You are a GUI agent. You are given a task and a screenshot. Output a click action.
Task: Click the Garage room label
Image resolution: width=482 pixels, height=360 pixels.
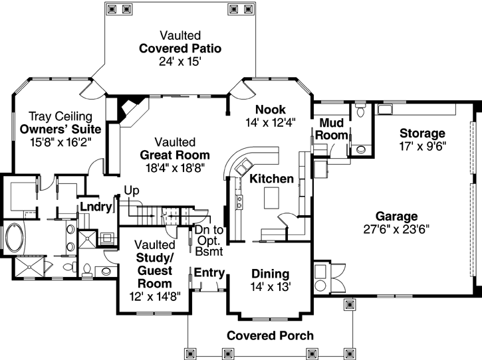click(396, 217)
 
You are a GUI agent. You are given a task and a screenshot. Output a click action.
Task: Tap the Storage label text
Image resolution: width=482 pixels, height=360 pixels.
click(422, 134)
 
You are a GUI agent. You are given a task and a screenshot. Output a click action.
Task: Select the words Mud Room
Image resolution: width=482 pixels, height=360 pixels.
click(331, 129)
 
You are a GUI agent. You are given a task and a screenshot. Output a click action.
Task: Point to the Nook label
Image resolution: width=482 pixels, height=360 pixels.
click(271, 110)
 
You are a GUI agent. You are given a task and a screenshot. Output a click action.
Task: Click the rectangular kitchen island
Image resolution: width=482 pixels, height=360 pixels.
click(271, 198)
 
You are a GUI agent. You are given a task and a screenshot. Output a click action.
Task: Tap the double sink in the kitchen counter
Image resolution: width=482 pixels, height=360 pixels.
click(244, 167)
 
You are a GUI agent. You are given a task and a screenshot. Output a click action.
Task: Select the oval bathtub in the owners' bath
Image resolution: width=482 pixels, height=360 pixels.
click(13, 237)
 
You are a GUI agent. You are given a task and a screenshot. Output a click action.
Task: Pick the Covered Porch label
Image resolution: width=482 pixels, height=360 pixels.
click(270, 335)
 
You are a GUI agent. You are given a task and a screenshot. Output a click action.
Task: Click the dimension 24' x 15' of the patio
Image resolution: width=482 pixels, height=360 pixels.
click(180, 62)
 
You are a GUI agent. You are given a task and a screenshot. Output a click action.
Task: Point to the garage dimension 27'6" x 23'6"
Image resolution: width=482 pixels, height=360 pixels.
click(396, 229)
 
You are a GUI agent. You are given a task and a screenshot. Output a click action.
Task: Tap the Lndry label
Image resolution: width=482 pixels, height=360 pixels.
click(96, 207)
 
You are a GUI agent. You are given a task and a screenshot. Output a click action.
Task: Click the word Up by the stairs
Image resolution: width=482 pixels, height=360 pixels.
click(132, 191)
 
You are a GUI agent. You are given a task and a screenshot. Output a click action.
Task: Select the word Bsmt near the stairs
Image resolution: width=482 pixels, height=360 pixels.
click(209, 252)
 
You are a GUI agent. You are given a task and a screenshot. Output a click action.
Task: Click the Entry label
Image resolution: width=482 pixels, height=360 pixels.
click(209, 272)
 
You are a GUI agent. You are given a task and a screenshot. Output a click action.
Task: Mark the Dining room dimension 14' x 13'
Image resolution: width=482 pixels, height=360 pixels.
click(271, 287)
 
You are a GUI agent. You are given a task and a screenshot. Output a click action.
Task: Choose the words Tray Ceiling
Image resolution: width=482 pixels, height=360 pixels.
click(60, 116)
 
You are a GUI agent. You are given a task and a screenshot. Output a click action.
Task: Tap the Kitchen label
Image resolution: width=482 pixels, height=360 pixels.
click(271, 179)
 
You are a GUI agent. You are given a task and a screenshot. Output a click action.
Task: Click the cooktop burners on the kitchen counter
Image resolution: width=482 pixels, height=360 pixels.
click(239, 203)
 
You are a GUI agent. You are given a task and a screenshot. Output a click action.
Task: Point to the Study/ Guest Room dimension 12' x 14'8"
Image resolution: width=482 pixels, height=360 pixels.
click(155, 297)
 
